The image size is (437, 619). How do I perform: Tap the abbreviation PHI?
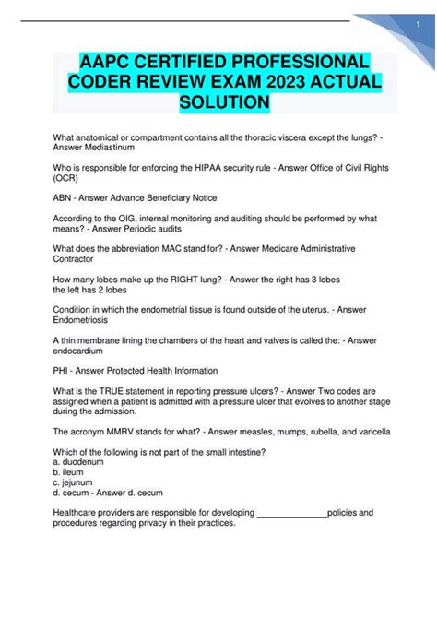[63, 370]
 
